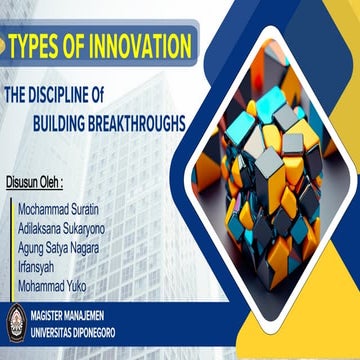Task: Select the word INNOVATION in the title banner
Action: click(x=140, y=46)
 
